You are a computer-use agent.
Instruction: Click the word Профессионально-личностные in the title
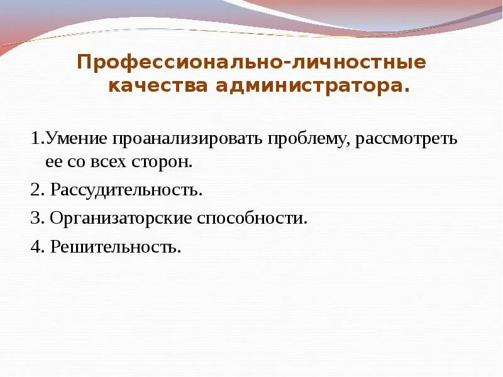point(251,63)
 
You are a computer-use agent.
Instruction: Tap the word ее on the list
point(52,162)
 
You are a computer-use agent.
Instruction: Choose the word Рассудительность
point(126,190)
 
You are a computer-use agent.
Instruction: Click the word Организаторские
point(122,219)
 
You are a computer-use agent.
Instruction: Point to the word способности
point(253,219)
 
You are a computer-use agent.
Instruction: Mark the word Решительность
point(115,247)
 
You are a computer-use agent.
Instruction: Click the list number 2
point(35,190)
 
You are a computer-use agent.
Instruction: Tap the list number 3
point(35,219)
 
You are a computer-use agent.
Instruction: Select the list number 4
point(35,247)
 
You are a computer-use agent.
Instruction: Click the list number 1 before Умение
point(35,138)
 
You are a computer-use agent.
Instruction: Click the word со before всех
point(78,162)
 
